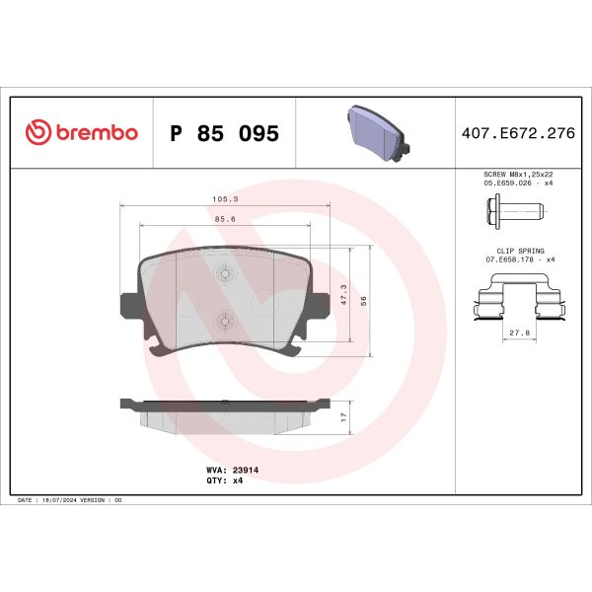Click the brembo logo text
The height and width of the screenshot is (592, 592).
click(95, 133)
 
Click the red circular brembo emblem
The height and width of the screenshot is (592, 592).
click(36, 133)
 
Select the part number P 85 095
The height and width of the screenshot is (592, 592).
click(224, 133)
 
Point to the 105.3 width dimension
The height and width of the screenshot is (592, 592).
click(224, 198)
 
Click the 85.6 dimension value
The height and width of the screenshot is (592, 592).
click(224, 219)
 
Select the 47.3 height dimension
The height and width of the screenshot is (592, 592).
click(341, 292)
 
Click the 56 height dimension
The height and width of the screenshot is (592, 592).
click(363, 300)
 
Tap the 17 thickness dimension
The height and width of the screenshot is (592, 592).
click(341, 416)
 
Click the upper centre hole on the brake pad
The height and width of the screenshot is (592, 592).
click(224, 275)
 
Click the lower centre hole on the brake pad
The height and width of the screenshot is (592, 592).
click(224, 320)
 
